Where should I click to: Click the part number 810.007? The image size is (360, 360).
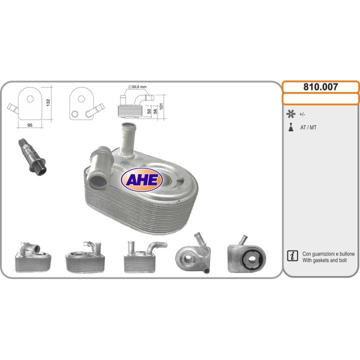tap(320, 87)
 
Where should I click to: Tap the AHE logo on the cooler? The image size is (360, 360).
tap(142, 179)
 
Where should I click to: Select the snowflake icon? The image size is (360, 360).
tap(290, 114)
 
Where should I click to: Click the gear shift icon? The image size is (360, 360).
tap(291, 127)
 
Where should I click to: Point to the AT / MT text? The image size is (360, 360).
tap(308, 127)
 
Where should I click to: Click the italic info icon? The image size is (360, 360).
tap(292, 256)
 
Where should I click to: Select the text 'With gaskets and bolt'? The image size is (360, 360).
tap(324, 260)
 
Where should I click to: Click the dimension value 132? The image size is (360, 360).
tap(48, 102)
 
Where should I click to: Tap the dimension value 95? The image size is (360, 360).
tap(30, 125)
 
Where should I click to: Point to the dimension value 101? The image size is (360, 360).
tap(161, 106)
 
